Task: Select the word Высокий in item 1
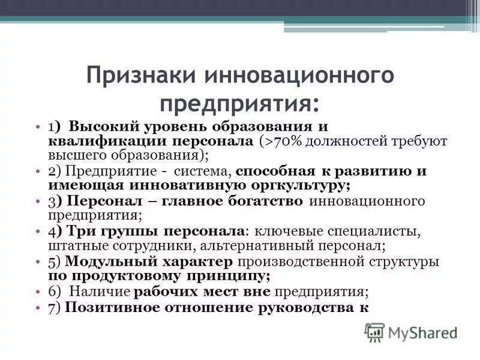[100, 127]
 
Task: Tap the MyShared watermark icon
[374, 332]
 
